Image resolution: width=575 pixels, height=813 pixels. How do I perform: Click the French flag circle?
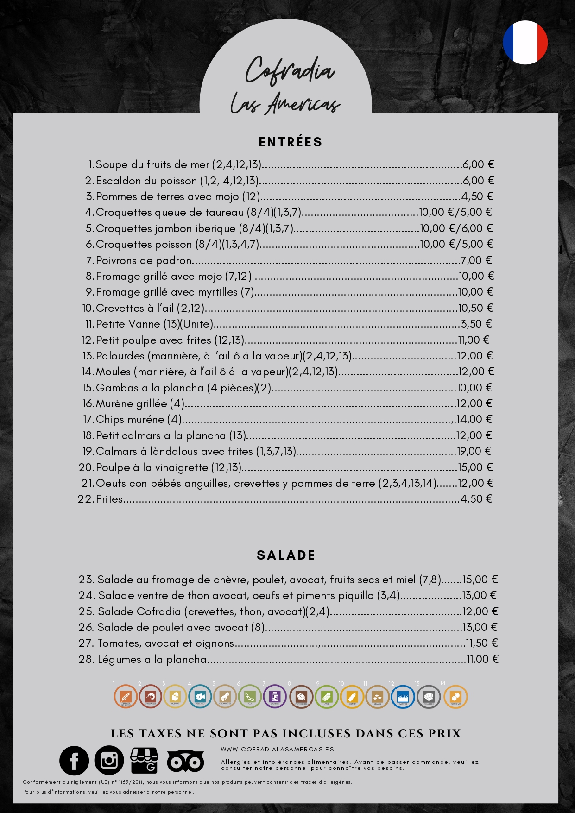(x=525, y=42)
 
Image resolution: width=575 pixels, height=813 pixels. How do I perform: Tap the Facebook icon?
(x=74, y=761)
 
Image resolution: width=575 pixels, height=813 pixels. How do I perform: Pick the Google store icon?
(x=144, y=761)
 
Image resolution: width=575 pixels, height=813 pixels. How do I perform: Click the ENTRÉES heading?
(x=291, y=142)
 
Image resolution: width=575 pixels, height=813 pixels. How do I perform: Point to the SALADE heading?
(x=286, y=555)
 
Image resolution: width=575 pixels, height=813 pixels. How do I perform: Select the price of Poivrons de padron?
(x=476, y=260)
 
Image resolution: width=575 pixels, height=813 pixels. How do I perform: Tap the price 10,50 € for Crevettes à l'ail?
(x=475, y=308)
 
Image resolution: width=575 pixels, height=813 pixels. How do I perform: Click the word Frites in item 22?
(x=109, y=499)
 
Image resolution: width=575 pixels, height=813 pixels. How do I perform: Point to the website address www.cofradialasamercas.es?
(x=277, y=749)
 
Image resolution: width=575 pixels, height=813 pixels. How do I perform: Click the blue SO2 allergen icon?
(x=403, y=697)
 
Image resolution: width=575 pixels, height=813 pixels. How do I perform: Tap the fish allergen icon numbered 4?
(x=200, y=697)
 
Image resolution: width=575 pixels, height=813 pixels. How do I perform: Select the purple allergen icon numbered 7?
(x=275, y=697)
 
